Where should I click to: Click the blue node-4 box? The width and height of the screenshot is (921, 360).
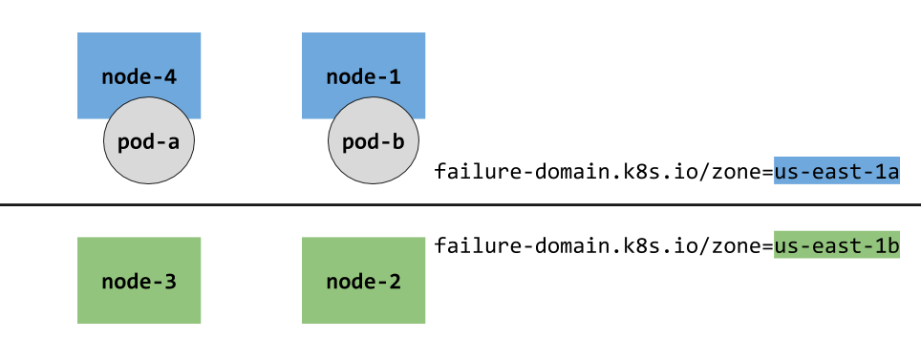[139, 57]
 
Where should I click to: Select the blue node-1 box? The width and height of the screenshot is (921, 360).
[364, 57]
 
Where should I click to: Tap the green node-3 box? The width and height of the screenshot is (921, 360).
[139, 281]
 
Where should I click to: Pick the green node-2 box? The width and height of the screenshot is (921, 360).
[364, 281]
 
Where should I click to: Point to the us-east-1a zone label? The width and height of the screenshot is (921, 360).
[836, 171]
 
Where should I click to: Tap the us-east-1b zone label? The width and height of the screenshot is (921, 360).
[836, 245]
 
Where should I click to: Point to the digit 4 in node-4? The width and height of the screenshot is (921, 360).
[169, 76]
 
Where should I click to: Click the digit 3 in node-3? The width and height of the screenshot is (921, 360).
[169, 282]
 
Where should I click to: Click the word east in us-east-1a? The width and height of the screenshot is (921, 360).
[834, 171]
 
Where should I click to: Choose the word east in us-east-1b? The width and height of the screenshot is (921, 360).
[834, 245]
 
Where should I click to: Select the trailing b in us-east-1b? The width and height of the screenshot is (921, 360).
[891, 245]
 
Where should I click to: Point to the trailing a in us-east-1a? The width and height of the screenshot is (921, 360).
[891, 171]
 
